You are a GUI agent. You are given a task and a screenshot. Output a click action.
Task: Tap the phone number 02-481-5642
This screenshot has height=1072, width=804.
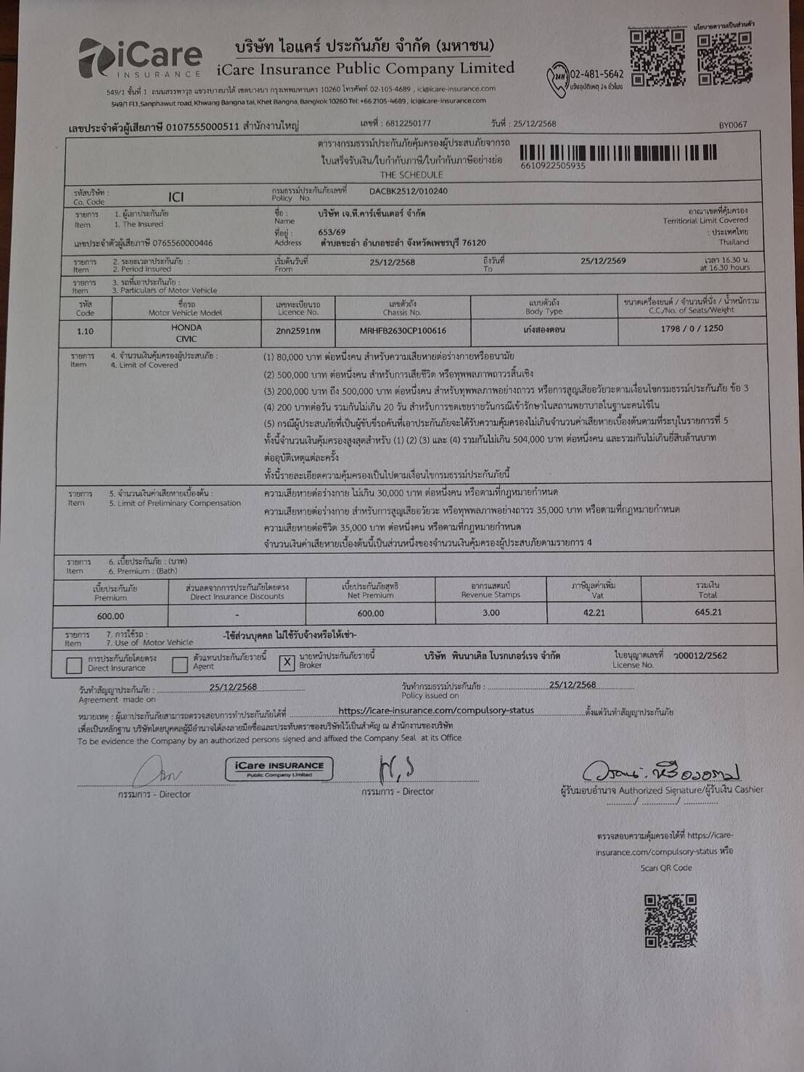(596, 74)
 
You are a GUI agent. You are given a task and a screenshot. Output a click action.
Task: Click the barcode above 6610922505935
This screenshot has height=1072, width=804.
(618, 152)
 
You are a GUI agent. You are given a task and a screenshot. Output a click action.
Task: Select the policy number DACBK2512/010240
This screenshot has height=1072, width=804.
(409, 192)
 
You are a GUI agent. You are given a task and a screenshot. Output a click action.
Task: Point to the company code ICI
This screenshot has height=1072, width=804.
(176, 197)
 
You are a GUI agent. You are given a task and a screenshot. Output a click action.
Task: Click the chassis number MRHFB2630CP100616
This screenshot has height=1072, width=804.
(403, 330)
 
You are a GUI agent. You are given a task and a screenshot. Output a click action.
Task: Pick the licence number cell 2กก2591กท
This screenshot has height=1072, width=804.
(298, 331)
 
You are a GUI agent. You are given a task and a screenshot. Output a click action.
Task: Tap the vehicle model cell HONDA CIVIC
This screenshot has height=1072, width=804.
(186, 332)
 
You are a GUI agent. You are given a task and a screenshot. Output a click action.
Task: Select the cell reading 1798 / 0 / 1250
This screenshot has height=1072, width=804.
(692, 328)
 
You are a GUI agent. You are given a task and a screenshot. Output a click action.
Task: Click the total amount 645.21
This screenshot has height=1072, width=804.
(707, 612)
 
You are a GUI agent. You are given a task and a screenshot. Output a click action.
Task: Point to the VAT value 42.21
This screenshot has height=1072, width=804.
(594, 613)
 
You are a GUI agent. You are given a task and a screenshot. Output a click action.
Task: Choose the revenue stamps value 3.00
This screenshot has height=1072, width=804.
(491, 613)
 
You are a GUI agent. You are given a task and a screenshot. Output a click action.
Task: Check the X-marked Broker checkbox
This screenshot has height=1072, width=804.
(287, 663)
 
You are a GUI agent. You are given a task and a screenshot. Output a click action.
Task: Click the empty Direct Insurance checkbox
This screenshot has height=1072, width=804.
(74, 665)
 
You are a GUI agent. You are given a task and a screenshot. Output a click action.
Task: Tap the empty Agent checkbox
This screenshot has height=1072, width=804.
(180, 664)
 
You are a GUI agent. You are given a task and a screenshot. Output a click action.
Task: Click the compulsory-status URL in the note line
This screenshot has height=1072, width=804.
(435, 711)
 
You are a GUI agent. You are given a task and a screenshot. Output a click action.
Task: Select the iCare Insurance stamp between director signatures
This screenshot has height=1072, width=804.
(279, 768)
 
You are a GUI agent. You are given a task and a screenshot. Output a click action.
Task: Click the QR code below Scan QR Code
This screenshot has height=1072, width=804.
(670, 920)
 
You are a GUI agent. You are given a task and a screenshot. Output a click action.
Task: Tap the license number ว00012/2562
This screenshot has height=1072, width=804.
(700, 655)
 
